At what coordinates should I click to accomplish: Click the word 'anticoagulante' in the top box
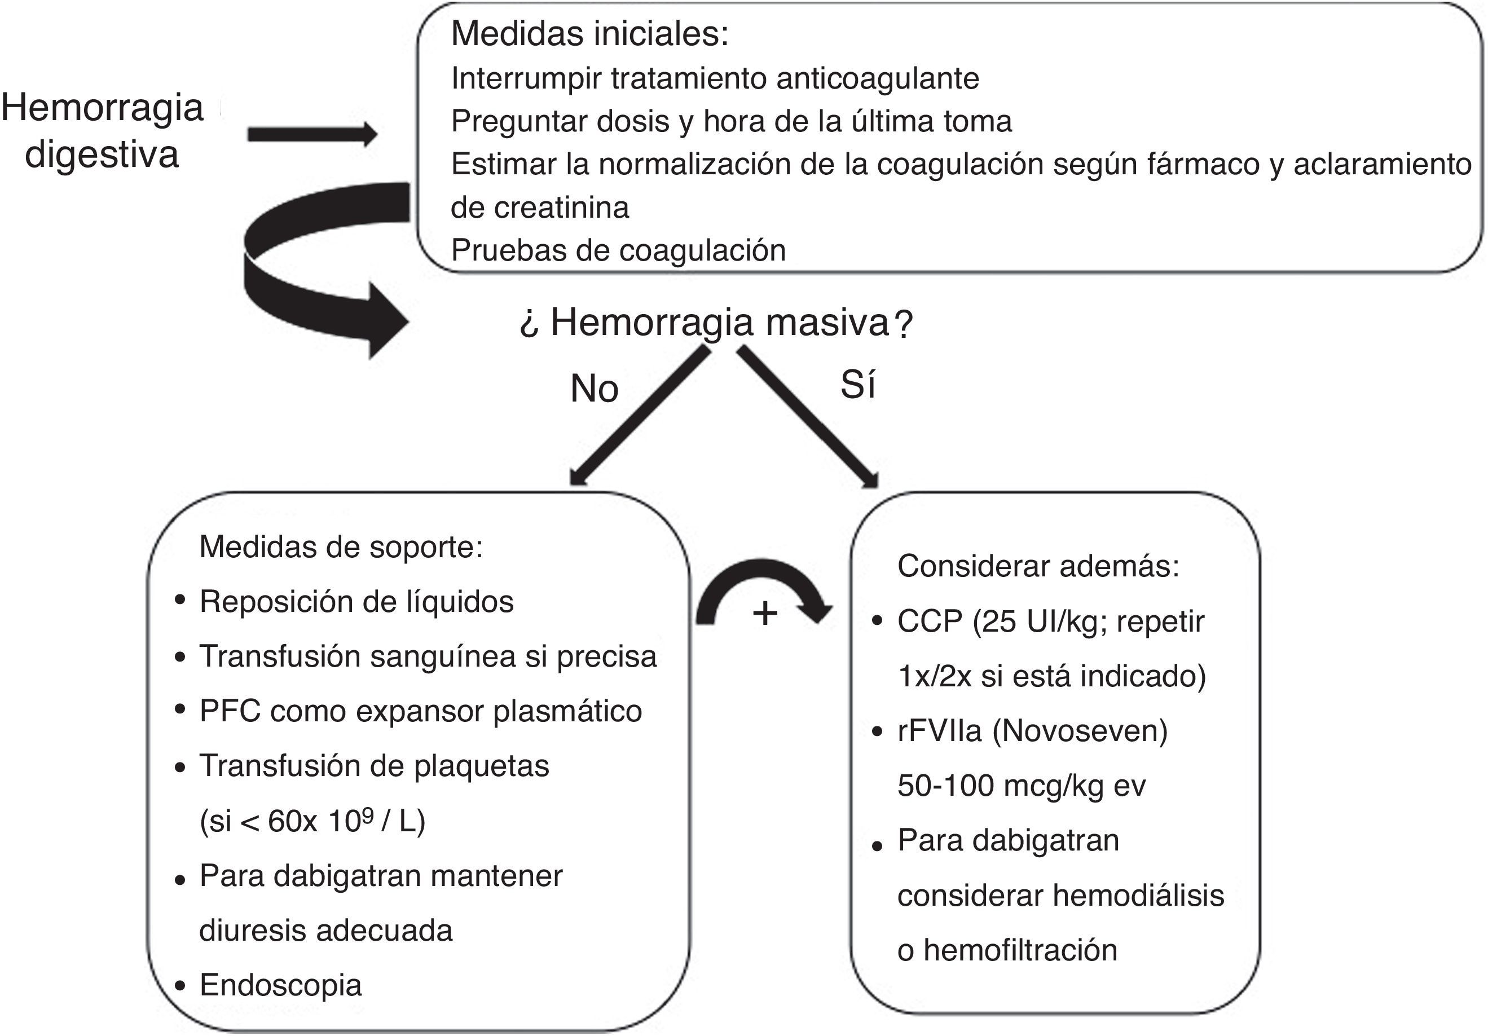878,78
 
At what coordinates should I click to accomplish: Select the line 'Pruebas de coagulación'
618,250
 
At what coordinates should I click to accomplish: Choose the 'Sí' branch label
857,385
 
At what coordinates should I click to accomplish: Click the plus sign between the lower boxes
765,613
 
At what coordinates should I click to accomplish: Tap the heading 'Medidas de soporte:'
341,547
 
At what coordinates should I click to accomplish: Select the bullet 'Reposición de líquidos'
356,601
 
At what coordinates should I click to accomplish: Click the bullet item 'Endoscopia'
280,985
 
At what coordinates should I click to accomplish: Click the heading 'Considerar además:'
1037,566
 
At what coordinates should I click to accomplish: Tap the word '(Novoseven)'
1080,731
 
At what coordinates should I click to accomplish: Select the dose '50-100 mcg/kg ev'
1022,785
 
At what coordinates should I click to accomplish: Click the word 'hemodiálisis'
1138,896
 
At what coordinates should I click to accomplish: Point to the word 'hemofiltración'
1020,950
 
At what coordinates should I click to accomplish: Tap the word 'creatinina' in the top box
561,208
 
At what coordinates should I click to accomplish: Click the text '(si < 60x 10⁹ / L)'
312,822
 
